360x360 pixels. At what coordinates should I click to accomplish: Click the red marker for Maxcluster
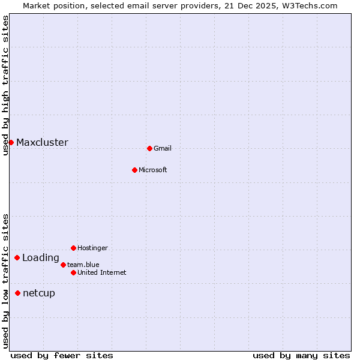[x=11, y=142]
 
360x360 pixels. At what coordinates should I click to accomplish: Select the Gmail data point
[x=149, y=148]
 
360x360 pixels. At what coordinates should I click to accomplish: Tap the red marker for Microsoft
[x=134, y=170]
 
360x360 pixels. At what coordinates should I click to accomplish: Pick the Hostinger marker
[x=73, y=248]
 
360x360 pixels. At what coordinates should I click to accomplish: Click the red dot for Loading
[x=17, y=258]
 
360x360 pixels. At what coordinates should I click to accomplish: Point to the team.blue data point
[x=63, y=265]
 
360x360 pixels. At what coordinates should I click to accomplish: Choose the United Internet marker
[x=73, y=272]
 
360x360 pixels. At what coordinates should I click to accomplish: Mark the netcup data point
[x=17, y=293]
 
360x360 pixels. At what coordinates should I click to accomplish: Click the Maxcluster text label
[x=42, y=143]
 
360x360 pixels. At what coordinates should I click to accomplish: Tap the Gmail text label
[x=163, y=148]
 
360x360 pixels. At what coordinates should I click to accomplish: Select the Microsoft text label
[x=153, y=170]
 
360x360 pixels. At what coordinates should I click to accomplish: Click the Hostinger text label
[x=93, y=248]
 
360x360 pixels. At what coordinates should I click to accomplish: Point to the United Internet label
[x=102, y=272]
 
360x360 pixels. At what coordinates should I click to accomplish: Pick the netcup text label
[x=39, y=293]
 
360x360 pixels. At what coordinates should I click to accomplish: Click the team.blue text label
[x=83, y=265]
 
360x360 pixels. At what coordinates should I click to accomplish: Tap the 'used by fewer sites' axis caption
[x=62, y=355]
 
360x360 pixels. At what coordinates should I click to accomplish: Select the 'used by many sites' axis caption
[x=301, y=355]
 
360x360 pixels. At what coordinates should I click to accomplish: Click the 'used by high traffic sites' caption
[x=5, y=85]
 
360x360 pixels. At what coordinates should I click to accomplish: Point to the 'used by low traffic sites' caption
[x=5, y=281]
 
